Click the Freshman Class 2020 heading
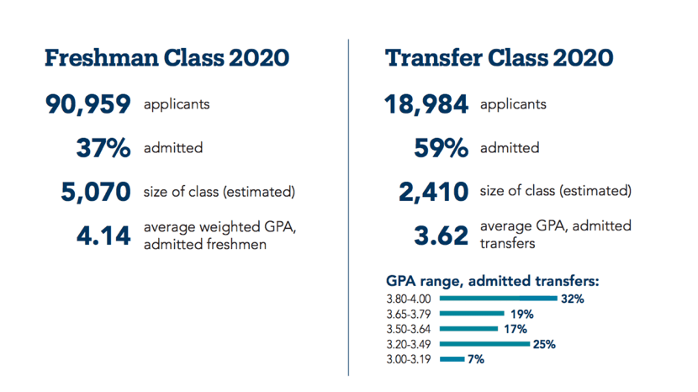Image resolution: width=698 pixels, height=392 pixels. (167, 58)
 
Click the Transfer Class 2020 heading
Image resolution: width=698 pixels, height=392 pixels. (499, 58)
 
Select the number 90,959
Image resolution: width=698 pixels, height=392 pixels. (88, 104)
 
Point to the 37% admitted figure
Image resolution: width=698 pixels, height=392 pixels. (103, 148)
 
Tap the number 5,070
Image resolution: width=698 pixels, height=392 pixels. (96, 192)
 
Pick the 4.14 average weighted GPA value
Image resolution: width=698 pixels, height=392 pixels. (103, 236)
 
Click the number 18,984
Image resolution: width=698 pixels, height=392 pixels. (426, 104)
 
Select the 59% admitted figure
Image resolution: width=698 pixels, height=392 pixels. (442, 148)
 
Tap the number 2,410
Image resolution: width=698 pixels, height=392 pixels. (434, 192)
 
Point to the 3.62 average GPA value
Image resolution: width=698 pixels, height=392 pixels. (442, 236)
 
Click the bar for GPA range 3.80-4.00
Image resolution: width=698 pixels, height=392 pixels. (498, 299)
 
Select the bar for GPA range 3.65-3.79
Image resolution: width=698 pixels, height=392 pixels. (472, 314)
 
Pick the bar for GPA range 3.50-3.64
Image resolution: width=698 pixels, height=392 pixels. (468, 329)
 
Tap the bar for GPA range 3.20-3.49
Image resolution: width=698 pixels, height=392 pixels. (484, 344)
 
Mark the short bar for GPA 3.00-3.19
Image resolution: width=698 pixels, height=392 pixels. (452, 359)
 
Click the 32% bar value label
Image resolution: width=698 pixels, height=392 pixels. (573, 299)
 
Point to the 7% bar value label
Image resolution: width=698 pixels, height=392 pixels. (476, 359)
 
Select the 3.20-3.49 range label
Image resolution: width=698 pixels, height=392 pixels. (409, 344)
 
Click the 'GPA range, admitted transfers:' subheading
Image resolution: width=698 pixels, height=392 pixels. (492, 281)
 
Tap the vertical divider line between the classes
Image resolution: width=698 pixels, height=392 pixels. (348, 208)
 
